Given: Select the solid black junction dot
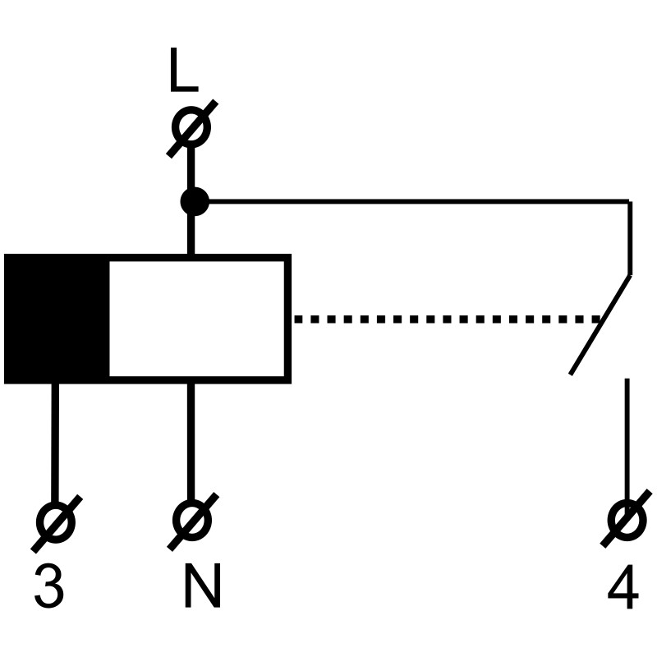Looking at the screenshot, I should tap(194, 200).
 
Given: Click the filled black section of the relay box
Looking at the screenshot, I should tap(57, 319).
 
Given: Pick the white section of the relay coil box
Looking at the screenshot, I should tap(198, 319).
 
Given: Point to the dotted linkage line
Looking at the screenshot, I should tap(443, 319).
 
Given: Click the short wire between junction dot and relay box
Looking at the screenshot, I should tap(192, 235).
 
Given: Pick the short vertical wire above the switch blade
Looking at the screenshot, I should tap(629, 238).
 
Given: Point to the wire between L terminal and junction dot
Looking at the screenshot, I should tap(192, 168).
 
